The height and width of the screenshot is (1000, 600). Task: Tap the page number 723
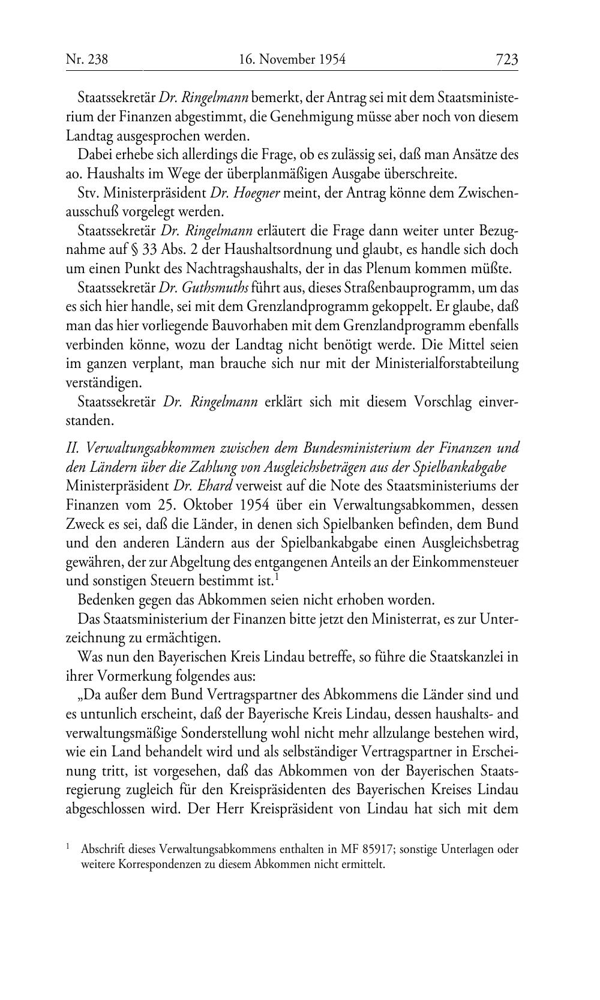506,59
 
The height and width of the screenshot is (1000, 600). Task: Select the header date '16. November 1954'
292,59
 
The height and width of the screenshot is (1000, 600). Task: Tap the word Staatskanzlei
458,656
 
